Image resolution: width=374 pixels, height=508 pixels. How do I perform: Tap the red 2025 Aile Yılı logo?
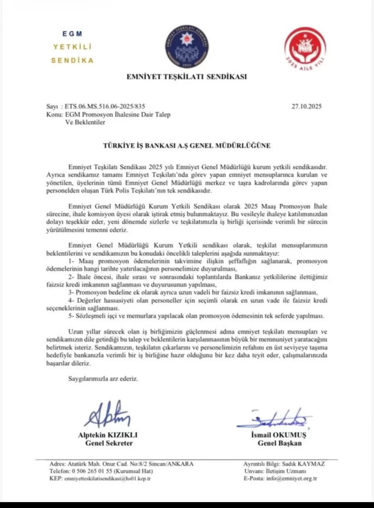click(305, 49)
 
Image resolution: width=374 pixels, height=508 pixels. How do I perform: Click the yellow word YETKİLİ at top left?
click(72, 47)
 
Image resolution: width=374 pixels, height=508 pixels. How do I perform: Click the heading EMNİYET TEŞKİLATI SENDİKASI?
click(187, 77)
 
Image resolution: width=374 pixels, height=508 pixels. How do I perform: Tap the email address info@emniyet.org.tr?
click(291, 478)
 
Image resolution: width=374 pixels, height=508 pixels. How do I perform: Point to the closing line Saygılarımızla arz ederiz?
click(103, 379)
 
